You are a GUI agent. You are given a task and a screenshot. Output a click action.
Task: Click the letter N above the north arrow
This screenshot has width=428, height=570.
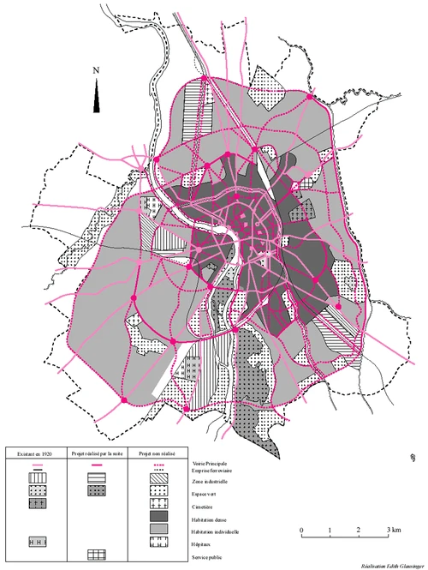98,70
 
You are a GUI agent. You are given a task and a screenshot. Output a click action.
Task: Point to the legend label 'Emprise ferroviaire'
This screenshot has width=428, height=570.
213,471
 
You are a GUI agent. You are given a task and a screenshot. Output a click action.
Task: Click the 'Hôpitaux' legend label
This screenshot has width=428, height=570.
205,549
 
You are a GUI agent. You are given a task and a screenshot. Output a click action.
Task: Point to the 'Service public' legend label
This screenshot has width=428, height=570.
210,562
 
